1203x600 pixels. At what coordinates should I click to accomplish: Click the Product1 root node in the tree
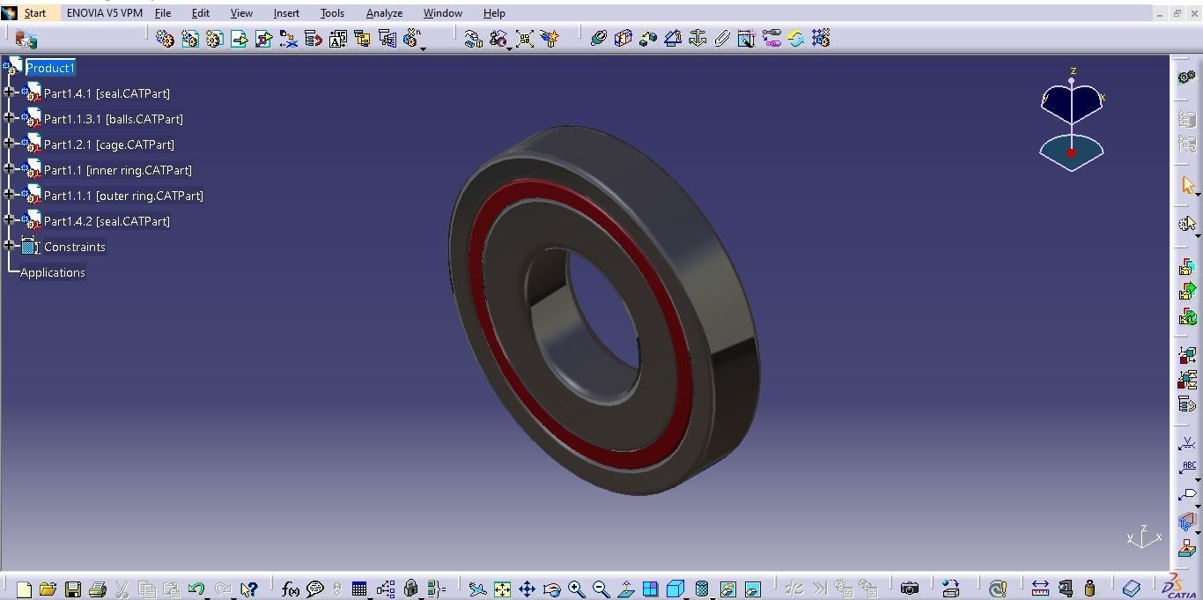pyautogui.click(x=50, y=68)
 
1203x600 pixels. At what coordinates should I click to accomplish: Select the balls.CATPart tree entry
pyautogui.click(x=113, y=119)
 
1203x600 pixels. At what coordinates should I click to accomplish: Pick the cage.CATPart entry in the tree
pyautogui.click(x=108, y=144)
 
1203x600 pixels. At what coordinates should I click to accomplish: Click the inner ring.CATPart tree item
pyautogui.click(x=117, y=170)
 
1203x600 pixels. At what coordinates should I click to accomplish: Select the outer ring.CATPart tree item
pyautogui.click(x=123, y=196)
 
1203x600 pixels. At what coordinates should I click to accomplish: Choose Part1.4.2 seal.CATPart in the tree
pyautogui.click(x=107, y=221)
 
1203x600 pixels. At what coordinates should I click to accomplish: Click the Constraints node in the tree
pyautogui.click(x=74, y=247)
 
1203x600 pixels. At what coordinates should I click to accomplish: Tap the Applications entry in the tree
pyautogui.click(x=53, y=272)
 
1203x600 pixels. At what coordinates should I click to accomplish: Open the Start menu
pyautogui.click(x=35, y=13)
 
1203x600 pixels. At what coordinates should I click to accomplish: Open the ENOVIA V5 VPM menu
pyautogui.click(x=104, y=13)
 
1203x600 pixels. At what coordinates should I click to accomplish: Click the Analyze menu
pyautogui.click(x=384, y=13)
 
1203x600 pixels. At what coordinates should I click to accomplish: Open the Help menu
pyautogui.click(x=494, y=13)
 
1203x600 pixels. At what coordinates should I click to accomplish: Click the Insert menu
pyautogui.click(x=286, y=13)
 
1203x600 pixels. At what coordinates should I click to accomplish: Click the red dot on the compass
pyautogui.click(x=1071, y=153)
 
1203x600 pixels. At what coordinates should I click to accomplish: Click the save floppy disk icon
pyautogui.click(x=73, y=589)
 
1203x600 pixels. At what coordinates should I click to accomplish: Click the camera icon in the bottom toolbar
pyautogui.click(x=910, y=589)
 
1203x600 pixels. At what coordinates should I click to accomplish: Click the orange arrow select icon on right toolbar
pyautogui.click(x=1187, y=185)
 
